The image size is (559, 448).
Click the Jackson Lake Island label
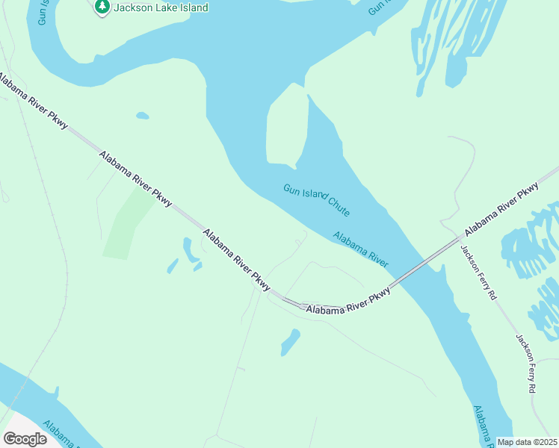coord(160,7)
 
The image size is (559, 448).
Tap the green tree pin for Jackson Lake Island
coord(102,7)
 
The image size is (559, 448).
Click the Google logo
coord(25,439)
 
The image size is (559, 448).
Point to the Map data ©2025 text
coord(527,442)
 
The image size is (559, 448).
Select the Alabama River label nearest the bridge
coord(361,249)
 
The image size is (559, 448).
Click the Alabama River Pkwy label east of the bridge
coord(501,209)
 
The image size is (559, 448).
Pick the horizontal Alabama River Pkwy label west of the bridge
coord(348,300)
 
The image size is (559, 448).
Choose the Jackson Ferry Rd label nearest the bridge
coord(478,273)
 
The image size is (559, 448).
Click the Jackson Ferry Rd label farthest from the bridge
coord(525,363)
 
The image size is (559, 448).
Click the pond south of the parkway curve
coord(290,342)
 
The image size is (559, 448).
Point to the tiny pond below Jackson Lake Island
coord(142,116)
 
